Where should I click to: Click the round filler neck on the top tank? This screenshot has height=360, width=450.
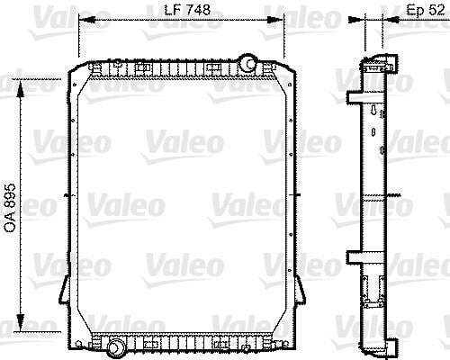click(x=247, y=63)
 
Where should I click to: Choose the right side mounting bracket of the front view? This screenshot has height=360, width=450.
click(x=303, y=288)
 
